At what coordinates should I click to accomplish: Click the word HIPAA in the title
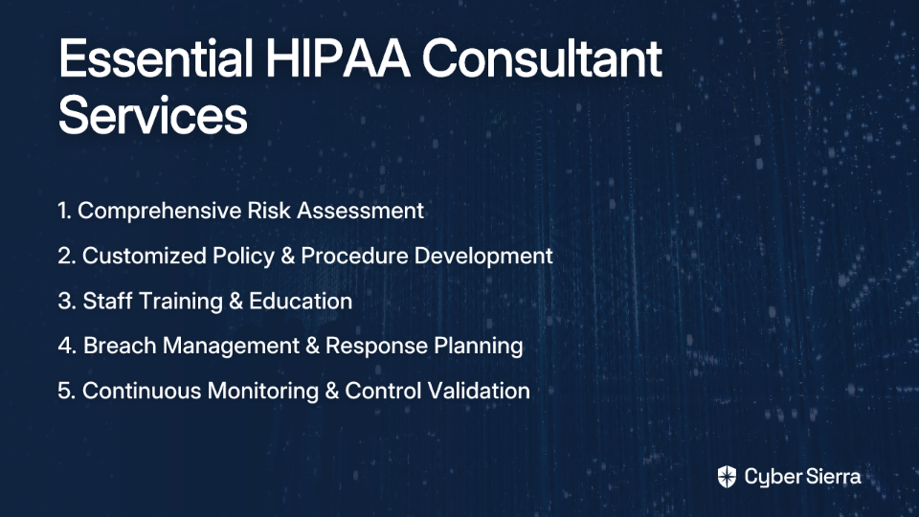coord(338,58)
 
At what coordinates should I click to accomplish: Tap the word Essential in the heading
coord(156,58)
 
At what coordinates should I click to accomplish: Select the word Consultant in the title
coord(542,58)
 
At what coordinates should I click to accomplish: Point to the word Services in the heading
coord(153,115)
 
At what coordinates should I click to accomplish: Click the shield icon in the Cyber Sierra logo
coord(727,477)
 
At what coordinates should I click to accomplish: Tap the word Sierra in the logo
coord(832,477)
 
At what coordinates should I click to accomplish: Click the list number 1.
coord(64,211)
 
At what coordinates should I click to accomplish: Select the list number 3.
coord(67,302)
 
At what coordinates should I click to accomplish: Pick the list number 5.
coord(67,391)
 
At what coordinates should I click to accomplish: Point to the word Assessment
coord(361,211)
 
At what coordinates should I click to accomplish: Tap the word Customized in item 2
coord(145,257)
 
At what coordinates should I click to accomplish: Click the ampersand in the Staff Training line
coord(235,302)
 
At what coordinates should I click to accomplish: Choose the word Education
coord(301,302)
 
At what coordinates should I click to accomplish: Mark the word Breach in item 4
coord(120,346)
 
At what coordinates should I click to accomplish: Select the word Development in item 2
coord(483,257)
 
